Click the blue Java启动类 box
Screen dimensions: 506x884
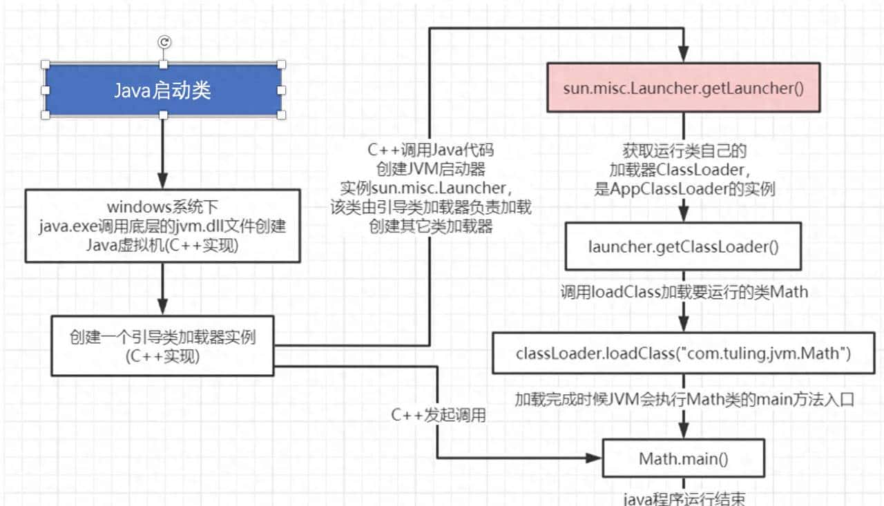(163, 90)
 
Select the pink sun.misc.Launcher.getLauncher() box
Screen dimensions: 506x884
(684, 88)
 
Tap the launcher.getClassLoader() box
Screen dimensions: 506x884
(683, 246)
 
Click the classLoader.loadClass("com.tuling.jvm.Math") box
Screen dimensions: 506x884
(683, 353)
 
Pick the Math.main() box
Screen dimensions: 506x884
(683, 458)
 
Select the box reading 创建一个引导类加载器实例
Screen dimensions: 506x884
(163, 346)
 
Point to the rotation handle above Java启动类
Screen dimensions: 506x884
(164, 42)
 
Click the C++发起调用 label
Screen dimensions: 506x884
(439, 416)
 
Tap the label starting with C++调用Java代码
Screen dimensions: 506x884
(431, 149)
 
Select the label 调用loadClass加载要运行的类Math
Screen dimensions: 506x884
(684, 292)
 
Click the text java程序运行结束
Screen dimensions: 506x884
(684, 498)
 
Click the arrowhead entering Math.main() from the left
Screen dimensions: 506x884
(595, 458)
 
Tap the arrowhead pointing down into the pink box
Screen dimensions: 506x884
(684, 55)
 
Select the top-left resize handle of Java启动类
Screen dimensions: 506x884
(46, 65)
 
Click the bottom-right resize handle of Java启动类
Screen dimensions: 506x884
(281, 115)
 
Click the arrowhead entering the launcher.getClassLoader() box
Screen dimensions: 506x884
(684, 215)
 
